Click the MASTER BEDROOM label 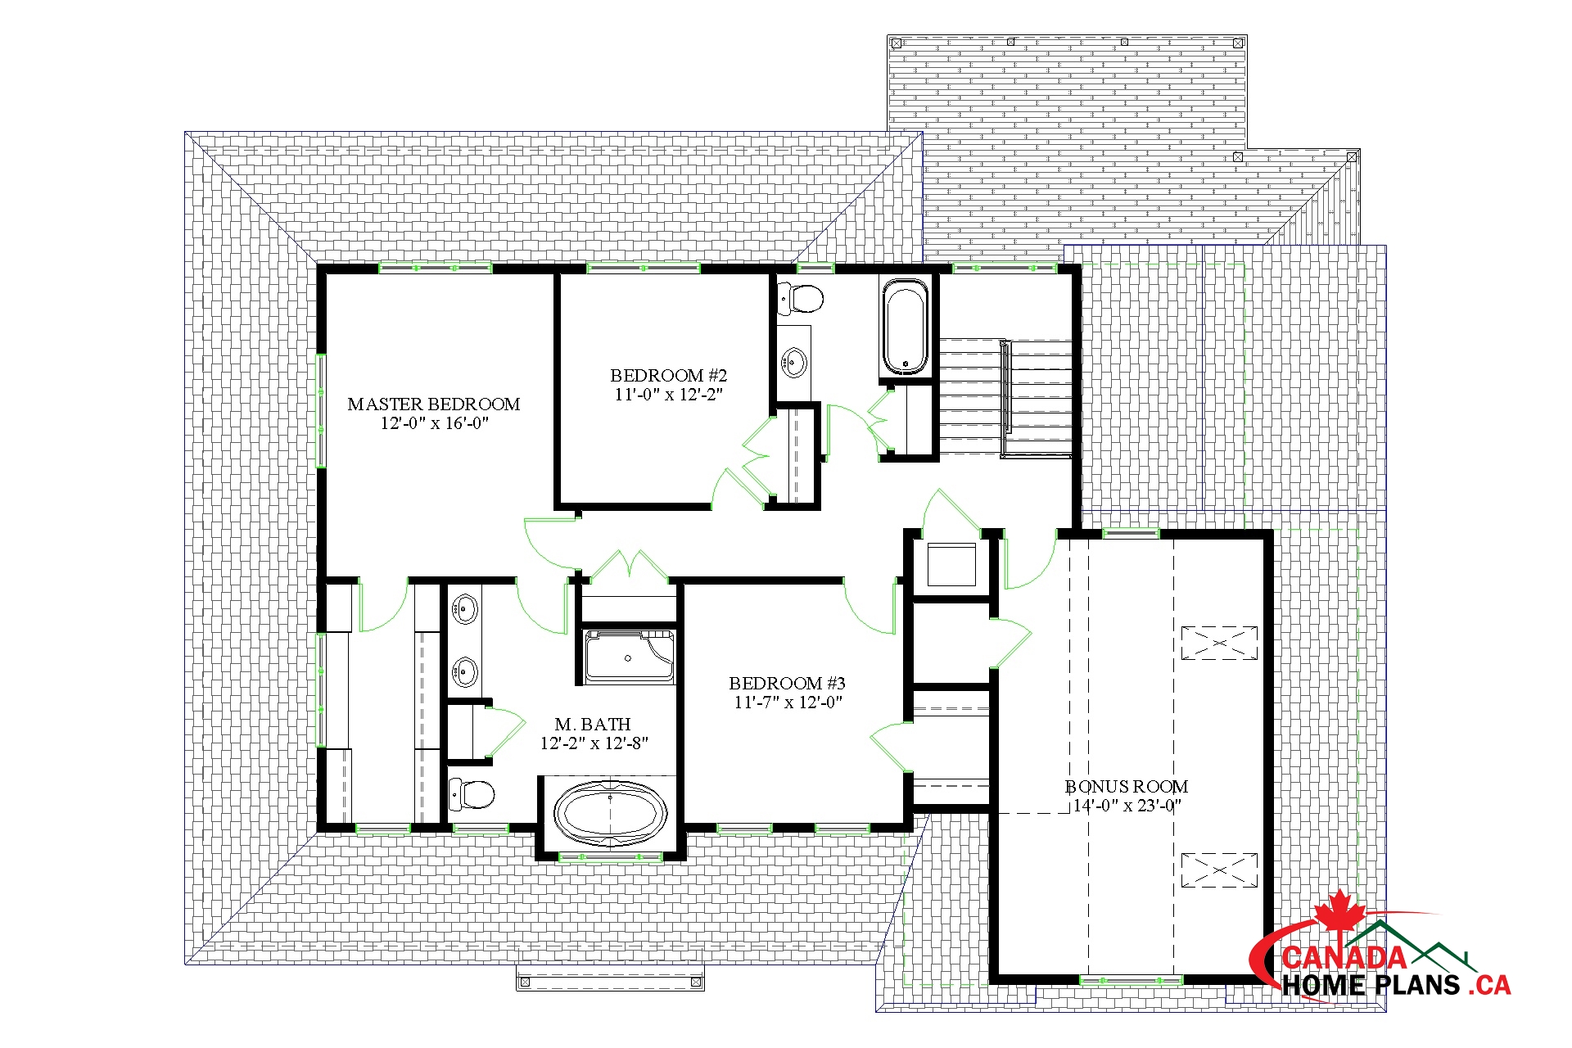(x=434, y=404)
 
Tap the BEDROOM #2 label (x=668, y=375)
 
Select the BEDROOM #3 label (x=787, y=683)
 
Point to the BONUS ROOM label (x=1127, y=786)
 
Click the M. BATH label (x=593, y=724)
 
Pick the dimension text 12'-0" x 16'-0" (x=434, y=423)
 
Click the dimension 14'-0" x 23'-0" (x=1127, y=806)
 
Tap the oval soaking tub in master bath (x=610, y=813)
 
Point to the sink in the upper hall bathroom (x=793, y=361)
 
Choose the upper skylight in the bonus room (x=1219, y=643)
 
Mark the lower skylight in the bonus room (x=1219, y=870)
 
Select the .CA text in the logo (x=1489, y=984)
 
